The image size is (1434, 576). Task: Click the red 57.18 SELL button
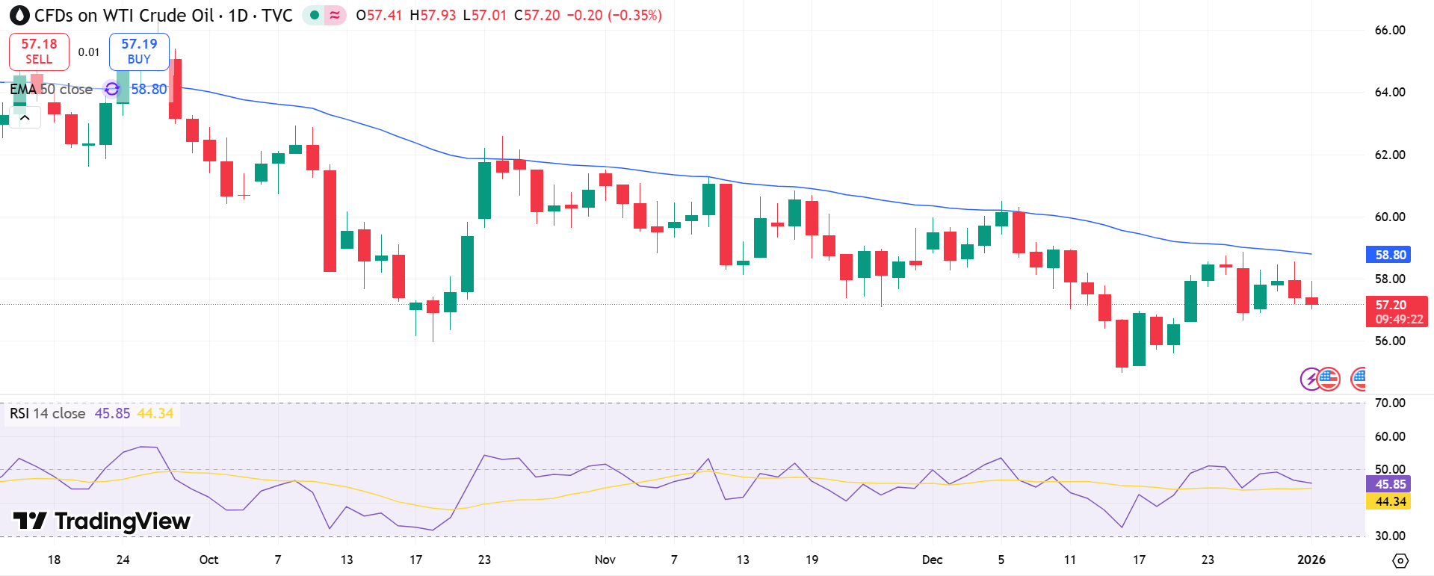(x=39, y=52)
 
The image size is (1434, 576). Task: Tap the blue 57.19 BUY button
(x=139, y=52)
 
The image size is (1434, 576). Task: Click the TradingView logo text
(x=102, y=521)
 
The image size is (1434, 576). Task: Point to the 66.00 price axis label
(x=1389, y=31)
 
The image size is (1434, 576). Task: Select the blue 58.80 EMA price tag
(x=1389, y=255)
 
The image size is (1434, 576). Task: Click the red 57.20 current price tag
(x=1395, y=312)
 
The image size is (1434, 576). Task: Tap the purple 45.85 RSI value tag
(x=1389, y=484)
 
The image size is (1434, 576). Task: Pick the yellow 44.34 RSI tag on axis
(x=1389, y=501)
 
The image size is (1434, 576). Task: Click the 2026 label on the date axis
(x=1311, y=560)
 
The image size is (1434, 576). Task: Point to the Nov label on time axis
(x=605, y=560)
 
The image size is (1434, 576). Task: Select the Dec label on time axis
(x=932, y=560)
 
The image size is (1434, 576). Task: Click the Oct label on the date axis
(x=208, y=560)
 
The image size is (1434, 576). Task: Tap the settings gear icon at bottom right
(x=1400, y=560)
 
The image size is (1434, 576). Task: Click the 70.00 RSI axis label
(x=1389, y=403)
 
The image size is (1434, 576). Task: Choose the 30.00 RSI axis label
(x=1389, y=536)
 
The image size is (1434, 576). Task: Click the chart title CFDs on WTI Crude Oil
(x=124, y=15)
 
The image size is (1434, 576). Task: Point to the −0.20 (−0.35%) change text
(x=614, y=15)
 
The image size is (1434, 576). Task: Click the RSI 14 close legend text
(x=47, y=413)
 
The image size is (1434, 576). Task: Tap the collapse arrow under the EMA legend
(x=25, y=117)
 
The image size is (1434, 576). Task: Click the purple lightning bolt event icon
(x=1309, y=379)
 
